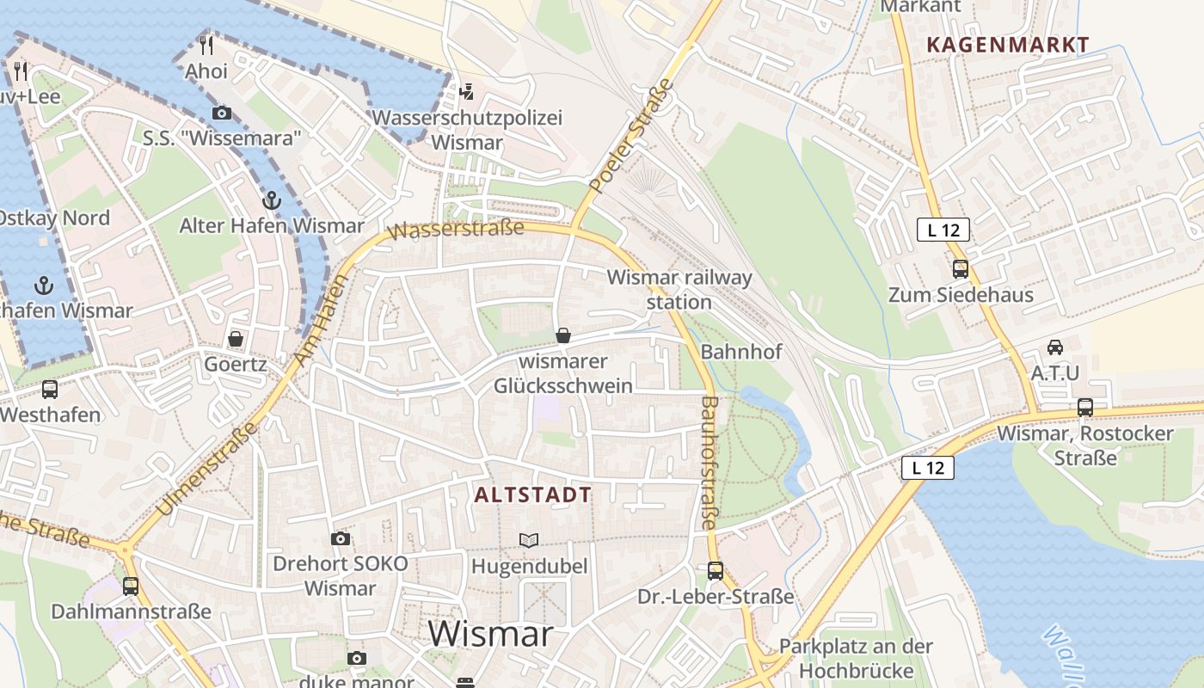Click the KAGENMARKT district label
pos(1008,45)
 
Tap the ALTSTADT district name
pos(532,494)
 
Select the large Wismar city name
pos(490,635)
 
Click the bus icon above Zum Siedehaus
pos(961,269)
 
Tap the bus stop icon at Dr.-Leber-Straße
pos(715,570)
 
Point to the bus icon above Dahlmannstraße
pos(131,586)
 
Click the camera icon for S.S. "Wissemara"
pos(222,113)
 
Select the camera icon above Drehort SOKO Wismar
pos(341,538)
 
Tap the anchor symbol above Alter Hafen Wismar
pos(271,200)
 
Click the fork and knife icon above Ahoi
pos(206,45)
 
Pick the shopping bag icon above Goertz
pos(235,339)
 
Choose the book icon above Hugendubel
pos(529,540)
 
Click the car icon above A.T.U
pos(1054,347)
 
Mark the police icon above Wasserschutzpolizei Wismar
pos(467,91)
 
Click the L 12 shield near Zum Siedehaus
pos(943,230)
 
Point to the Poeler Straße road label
pos(631,136)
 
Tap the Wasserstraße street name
pos(455,229)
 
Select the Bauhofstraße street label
pos(708,462)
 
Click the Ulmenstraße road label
pos(207,469)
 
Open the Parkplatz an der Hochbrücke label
pos(856,658)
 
